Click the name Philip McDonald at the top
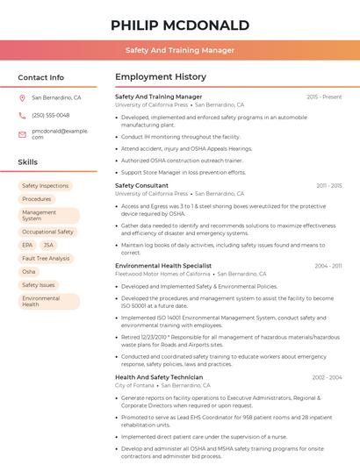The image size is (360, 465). [180, 25]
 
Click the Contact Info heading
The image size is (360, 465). [41, 77]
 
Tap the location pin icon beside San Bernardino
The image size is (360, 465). [23, 98]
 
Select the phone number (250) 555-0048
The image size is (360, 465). [50, 115]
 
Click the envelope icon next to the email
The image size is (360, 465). [23, 133]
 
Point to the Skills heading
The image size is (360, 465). [28, 162]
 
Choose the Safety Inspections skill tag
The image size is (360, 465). [45, 186]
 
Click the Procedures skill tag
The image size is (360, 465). [36, 199]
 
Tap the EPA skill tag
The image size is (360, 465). [27, 245]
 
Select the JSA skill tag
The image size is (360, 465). [48, 245]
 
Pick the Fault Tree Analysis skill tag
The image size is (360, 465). [46, 258]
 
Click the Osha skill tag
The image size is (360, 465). [29, 272]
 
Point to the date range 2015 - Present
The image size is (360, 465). [324, 97]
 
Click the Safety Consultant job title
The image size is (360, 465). [141, 186]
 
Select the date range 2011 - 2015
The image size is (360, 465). [328, 186]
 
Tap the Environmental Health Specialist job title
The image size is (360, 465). [163, 265]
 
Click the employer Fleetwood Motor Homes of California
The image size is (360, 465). [162, 274]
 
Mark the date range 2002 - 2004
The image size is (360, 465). [327, 377]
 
